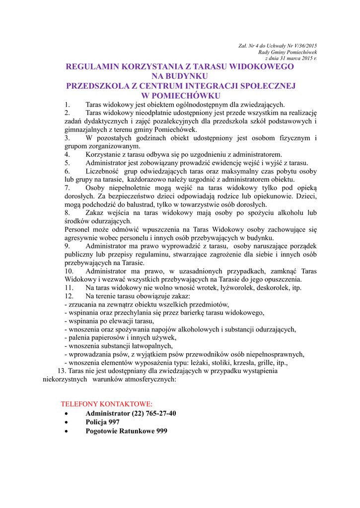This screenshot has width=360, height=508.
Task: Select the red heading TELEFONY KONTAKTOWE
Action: point(107,404)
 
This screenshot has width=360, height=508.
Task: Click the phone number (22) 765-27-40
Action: point(153,413)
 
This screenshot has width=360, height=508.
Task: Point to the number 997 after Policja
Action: point(114,422)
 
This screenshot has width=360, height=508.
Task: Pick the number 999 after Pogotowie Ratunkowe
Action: point(160,431)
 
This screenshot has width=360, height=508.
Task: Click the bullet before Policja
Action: point(68,423)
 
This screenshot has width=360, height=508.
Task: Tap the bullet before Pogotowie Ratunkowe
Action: point(68,432)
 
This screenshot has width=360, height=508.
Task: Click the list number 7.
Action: point(68,188)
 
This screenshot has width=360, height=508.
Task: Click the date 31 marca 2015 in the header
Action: point(292,58)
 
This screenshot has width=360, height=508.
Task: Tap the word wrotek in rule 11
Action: point(203,287)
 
